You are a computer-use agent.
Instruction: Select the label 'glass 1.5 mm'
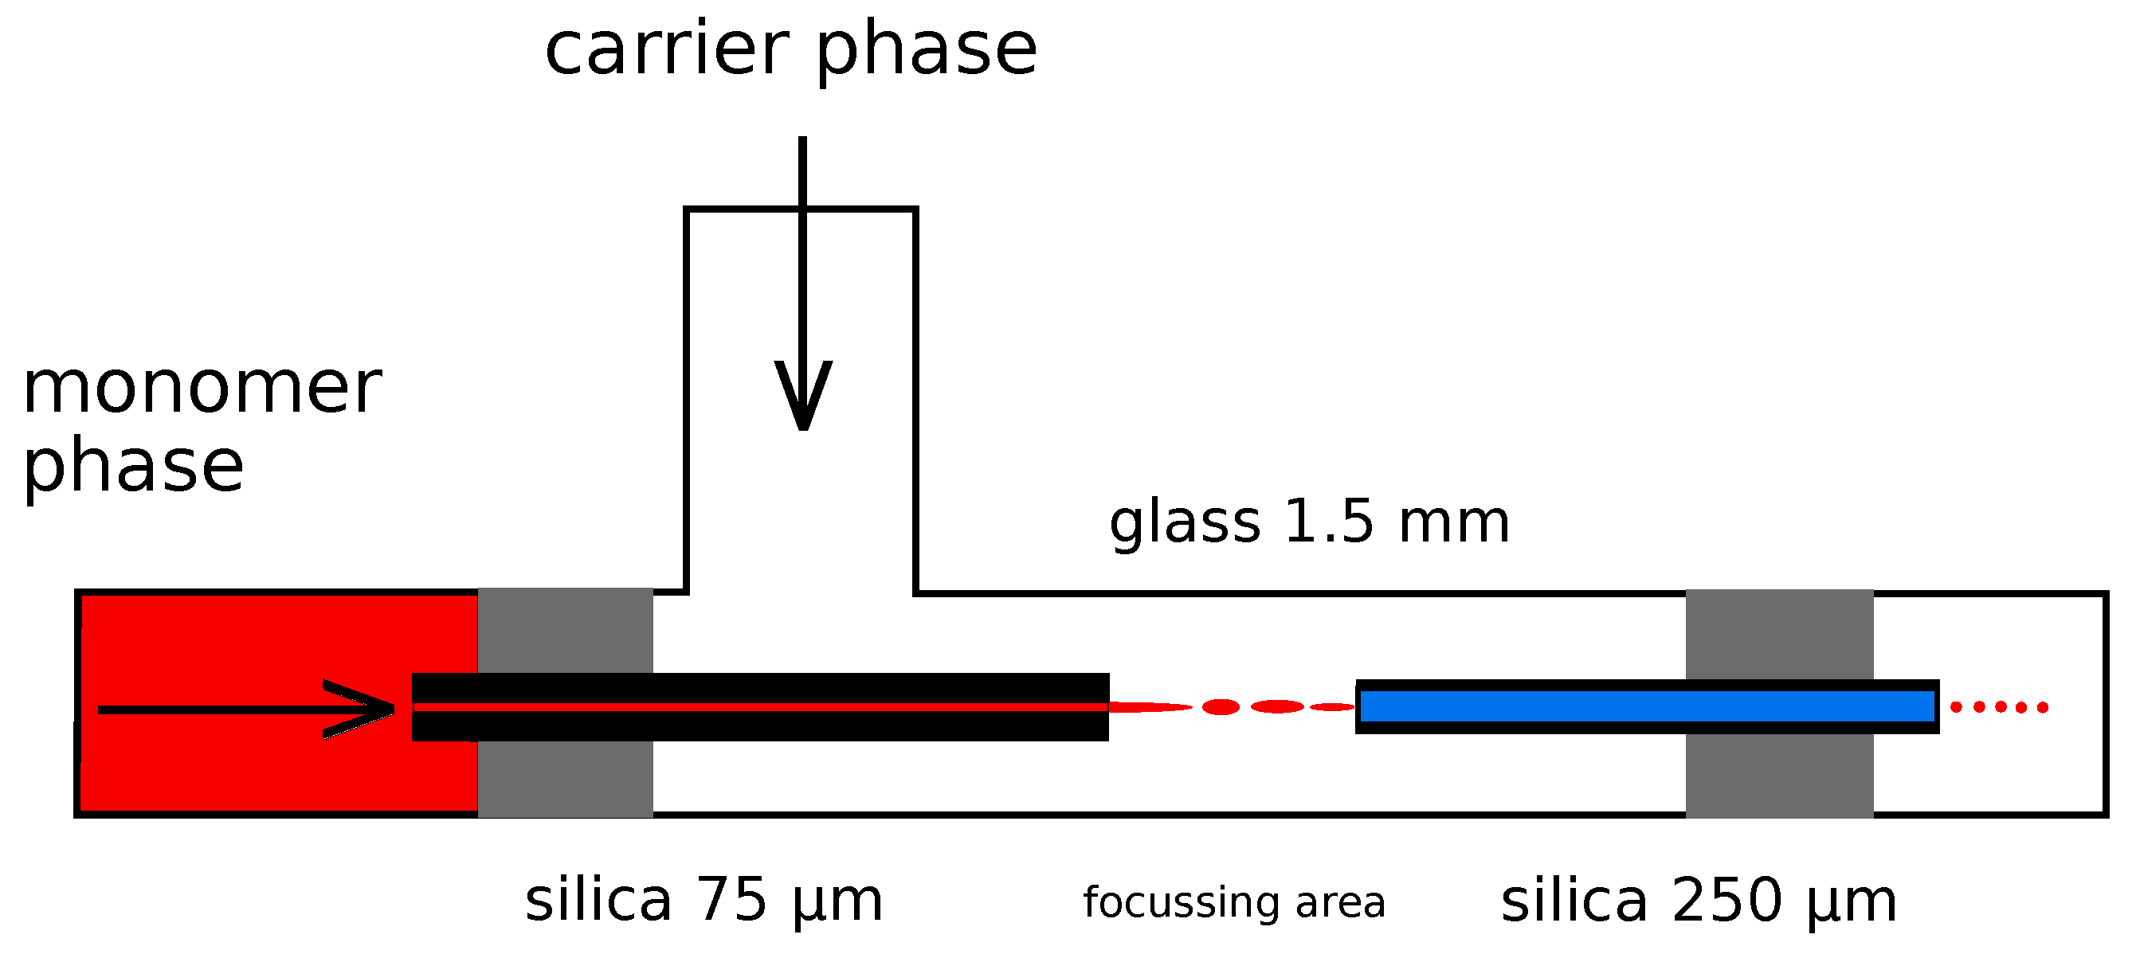1309,523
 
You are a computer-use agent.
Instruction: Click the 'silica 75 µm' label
704,900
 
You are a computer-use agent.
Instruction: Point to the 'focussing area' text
1234,902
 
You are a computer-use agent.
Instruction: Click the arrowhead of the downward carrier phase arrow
802,398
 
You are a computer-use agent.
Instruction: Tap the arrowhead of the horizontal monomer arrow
365,709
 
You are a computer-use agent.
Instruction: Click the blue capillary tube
1646,707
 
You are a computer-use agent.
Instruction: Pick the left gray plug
565,630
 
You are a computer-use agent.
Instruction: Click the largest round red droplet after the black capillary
1221,707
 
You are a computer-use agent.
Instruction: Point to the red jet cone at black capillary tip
1144,707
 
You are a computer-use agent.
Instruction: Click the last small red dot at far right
2042,707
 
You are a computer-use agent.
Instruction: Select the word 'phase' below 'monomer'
134,467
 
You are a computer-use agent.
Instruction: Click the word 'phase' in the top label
927,52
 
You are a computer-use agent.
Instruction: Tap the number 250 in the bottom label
1726,900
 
